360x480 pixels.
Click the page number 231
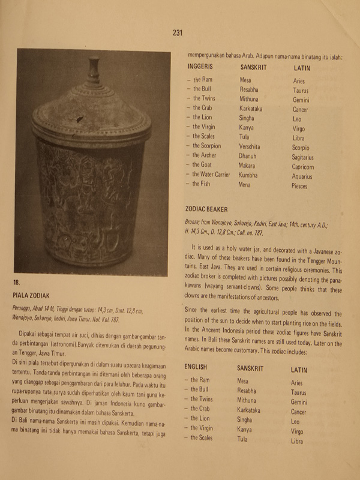point(177,33)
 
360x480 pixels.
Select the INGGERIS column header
point(202,68)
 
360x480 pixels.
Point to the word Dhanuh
point(249,155)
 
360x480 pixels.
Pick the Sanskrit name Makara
point(249,165)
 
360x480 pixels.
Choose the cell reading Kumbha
point(250,175)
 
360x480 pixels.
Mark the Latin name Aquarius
point(303,177)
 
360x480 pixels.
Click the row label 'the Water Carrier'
point(211,175)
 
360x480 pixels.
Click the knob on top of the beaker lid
point(94,70)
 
